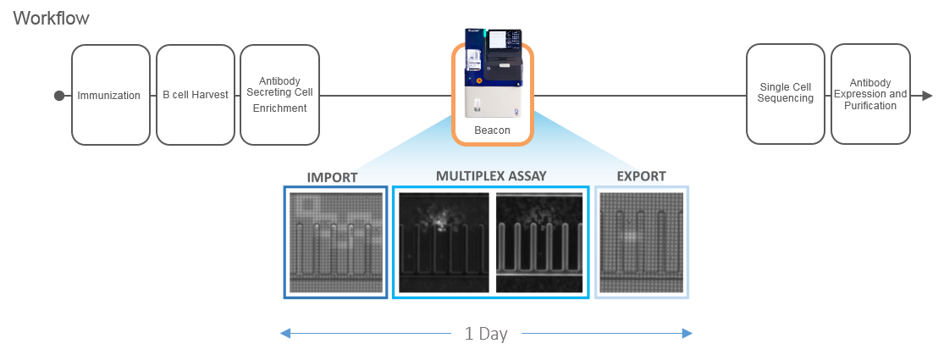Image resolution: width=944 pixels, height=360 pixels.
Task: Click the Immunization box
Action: (109, 95)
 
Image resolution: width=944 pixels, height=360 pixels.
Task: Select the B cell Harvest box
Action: (196, 95)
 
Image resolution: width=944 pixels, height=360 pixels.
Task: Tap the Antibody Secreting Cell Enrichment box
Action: (279, 95)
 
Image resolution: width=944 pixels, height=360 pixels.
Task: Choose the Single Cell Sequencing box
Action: (786, 93)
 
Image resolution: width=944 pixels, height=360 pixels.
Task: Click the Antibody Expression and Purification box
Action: (870, 93)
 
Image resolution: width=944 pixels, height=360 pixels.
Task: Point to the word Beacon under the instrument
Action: (492, 130)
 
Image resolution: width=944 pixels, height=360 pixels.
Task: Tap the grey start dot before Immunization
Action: (58, 96)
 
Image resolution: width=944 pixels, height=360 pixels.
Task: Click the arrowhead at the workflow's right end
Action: (928, 96)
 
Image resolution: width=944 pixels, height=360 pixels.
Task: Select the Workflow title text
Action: (52, 18)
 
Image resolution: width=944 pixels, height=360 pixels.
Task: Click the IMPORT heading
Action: (333, 177)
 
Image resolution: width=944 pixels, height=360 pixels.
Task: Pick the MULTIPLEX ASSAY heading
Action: (491, 176)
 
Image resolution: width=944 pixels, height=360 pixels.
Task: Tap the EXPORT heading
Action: (641, 177)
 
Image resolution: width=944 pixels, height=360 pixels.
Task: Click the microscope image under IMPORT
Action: (336, 241)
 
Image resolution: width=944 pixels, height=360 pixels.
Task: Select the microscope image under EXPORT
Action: (641, 241)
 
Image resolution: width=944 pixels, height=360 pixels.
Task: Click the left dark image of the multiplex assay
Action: (444, 241)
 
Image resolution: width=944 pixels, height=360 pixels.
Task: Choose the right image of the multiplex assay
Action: (539, 241)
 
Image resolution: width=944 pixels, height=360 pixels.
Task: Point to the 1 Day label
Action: (486, 334)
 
